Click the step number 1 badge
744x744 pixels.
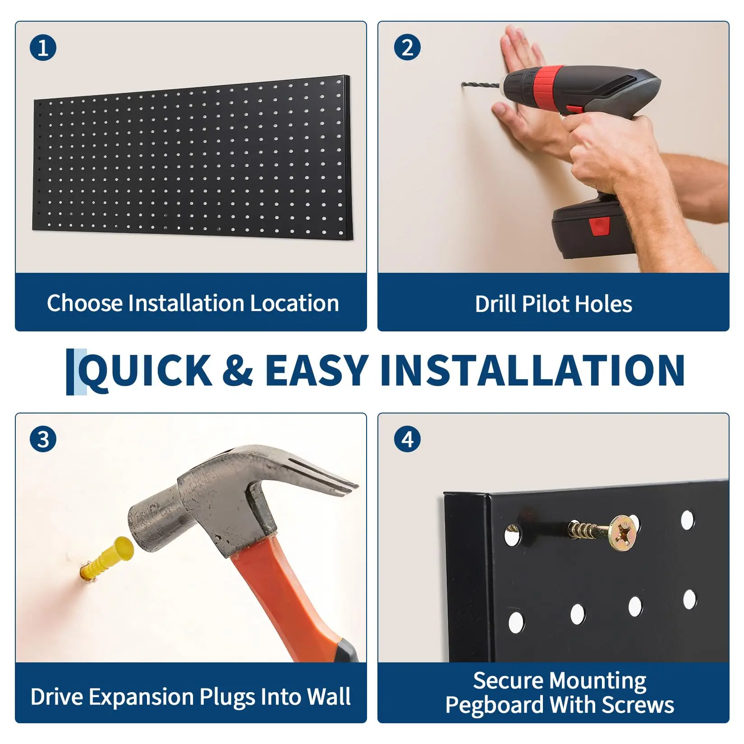click(43, 48)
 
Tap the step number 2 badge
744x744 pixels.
click(407, 47)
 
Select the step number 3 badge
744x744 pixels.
click(43, 439)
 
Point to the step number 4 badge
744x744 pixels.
click(407, 439)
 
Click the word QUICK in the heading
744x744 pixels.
click(145, 371)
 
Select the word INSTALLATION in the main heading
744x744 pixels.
click(533, 370)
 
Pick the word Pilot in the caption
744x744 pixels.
click(545, 304)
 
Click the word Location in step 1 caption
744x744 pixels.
click(294, 303)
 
